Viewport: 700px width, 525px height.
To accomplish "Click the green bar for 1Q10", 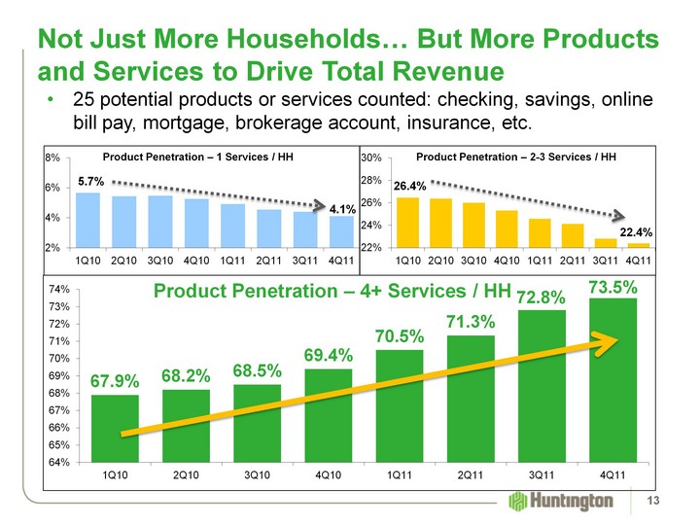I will (x=115, y=428).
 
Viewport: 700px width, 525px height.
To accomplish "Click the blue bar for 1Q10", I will (x=87, y=220).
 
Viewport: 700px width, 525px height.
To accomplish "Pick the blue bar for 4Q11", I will (x=341, y=231).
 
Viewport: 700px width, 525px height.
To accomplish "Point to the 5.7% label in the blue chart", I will (x=90, y=181).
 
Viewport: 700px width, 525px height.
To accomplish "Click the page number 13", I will (x=668, y=501).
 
